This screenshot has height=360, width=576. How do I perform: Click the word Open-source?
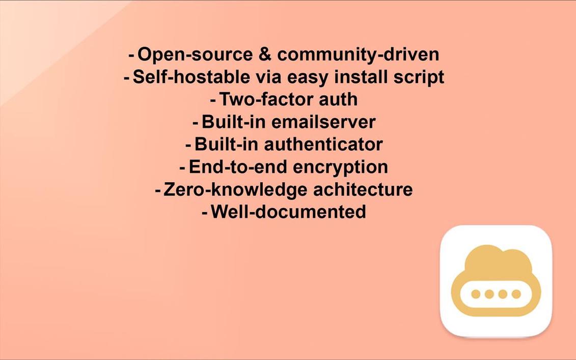click(195, 54)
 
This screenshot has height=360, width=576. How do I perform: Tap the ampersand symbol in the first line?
click(265, 54)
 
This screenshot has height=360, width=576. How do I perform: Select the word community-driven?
click(358, 55)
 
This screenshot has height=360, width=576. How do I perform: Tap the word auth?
click(338, 100)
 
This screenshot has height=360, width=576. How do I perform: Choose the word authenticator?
click(323, 145)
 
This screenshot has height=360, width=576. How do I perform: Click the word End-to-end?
click(238, 167)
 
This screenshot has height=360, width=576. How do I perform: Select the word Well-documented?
click(288, 212)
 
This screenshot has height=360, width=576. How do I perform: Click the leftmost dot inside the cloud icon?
click(476, 294)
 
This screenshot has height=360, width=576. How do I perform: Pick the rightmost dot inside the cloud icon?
click(516, 294)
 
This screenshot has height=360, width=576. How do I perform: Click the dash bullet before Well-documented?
click(205, 213)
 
